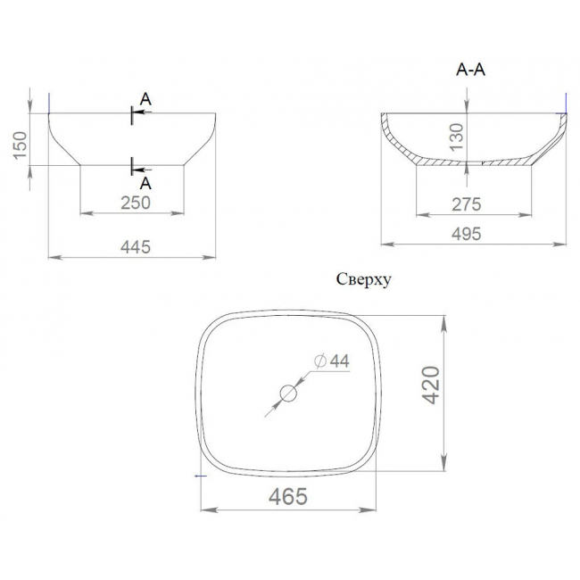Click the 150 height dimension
click(x=21, y=145)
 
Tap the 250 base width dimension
click(x=136, y=203)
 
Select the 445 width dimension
click(x=136, y=247)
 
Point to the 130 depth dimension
click(x=457, y=137)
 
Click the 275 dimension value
click(x=466, y=204)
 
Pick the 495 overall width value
click(x=466, y=234)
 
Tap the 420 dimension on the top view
click(x=431, y=385)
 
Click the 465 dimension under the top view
click(x=288, y=496)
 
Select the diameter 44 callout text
click(x=331, y=361)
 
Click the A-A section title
click(x=470, y=70)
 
